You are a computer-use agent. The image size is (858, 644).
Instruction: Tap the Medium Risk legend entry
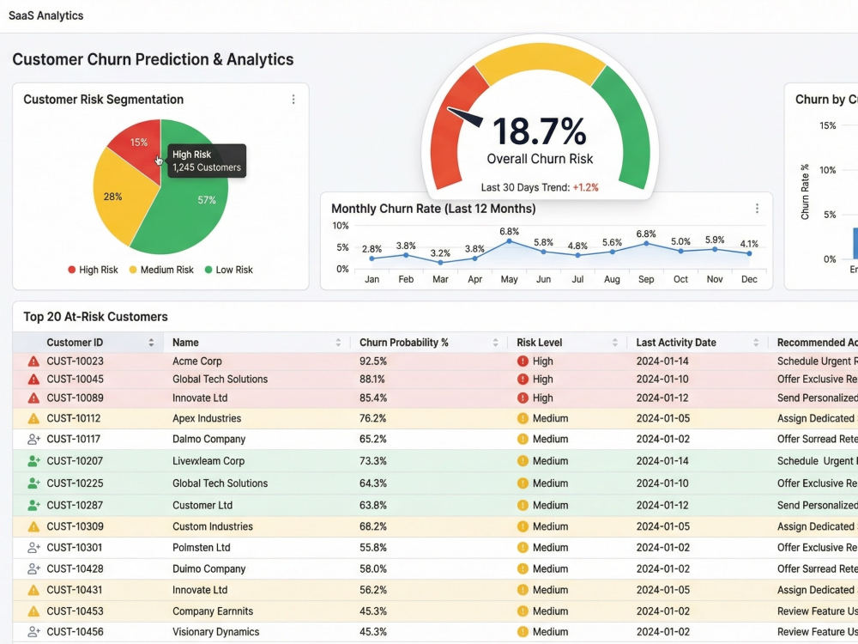point(161,270)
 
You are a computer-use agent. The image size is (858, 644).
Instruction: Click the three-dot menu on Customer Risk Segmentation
point(293,99)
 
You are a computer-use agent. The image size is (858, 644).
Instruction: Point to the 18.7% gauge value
point(540,131)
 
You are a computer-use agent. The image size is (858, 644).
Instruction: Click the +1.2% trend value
point(585,187)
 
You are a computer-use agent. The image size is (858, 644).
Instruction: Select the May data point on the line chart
point(509,241)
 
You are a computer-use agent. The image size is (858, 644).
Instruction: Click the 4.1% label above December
point(749,244)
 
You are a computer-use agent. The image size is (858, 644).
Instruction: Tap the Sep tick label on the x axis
point(646,279)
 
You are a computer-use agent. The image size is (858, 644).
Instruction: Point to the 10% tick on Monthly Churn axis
point(341,226)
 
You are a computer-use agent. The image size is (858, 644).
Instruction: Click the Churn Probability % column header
point(404,343)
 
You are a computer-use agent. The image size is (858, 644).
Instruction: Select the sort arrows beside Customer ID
point(151,343)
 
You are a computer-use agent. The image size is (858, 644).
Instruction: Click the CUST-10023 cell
point(75,361)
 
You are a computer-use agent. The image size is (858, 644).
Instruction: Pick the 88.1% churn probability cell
point(372,379)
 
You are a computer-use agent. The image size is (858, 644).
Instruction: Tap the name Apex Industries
point(207,418)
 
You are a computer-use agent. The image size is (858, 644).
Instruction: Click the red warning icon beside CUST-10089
point(33,398)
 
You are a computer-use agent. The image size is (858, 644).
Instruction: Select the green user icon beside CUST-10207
point(33,461)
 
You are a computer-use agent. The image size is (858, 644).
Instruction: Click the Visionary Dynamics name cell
point(216,632)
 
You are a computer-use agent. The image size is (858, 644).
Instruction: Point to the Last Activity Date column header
point(676,343)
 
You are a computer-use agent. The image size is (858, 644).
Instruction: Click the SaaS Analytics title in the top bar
point(46,15)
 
